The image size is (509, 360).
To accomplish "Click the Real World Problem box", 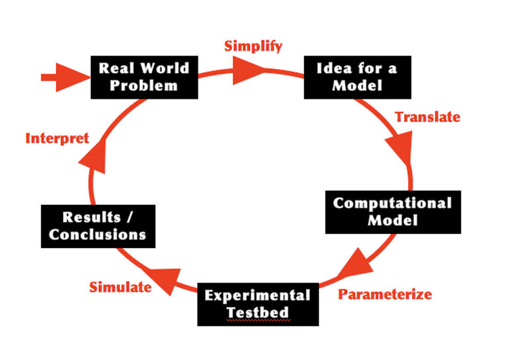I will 143,76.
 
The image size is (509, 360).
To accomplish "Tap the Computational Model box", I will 392,211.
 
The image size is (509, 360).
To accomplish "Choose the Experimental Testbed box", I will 257,303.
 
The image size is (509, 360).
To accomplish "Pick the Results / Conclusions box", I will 98,226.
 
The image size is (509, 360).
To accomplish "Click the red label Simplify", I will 253,46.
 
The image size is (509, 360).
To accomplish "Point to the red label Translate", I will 427,117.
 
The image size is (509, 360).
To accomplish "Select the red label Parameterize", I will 386,294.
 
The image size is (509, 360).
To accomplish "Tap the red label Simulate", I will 120,286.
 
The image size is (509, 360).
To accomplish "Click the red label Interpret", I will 56,139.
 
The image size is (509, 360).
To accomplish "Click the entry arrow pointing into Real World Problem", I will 63,77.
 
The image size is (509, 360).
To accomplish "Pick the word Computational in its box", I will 392,203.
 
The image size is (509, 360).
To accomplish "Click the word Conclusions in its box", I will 98,234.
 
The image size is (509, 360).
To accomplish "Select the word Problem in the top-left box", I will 144,85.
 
